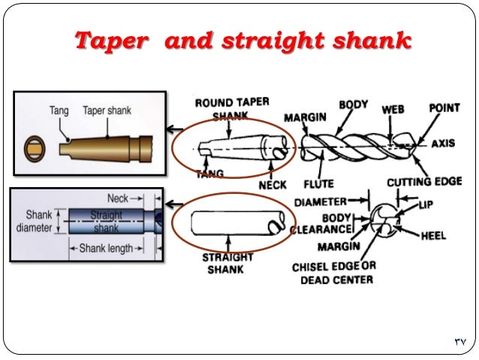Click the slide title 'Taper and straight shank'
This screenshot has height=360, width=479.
pyautogui.click(x=242, y=41)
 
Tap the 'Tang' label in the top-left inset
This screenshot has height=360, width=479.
pyautogui.click(x=59, y=110)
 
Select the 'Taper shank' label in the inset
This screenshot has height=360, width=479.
pyautogui.click(x=107, y=110)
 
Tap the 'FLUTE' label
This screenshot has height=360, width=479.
pyautogui.click(x=318, y=183)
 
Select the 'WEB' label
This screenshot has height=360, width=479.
pyautogui.click(x=393, y=109)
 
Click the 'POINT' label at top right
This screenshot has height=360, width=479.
pyautogui.click(x=444, y=108)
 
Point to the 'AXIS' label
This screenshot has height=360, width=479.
pyautogui.click(x=442, y=144)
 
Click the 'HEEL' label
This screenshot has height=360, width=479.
pyautogui.click(x=432, y=235)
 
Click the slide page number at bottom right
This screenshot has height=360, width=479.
pyautogui.click(x=459, y=342)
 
